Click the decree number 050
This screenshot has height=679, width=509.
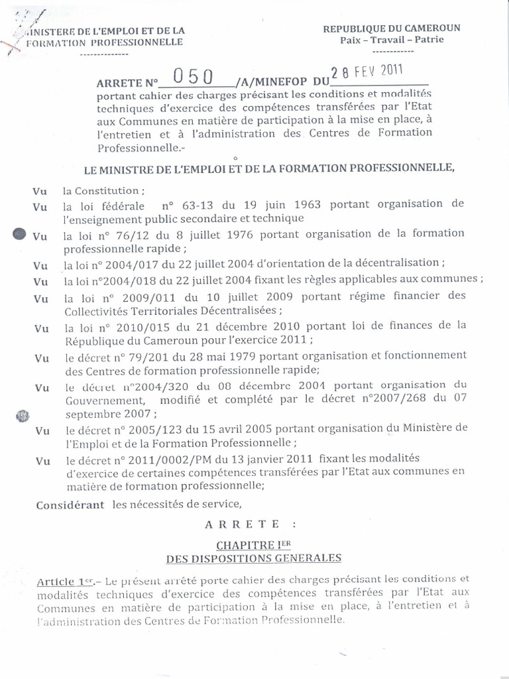point(192,78)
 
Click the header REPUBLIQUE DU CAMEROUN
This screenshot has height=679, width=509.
point(391,28)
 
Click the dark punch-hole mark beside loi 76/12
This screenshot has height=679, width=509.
point(20,234)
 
